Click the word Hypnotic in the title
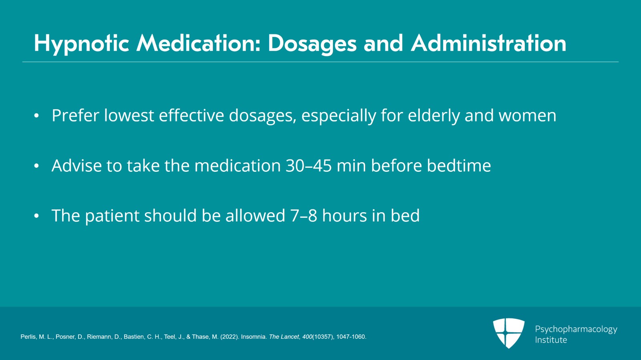coord(82,44)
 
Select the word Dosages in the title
coord(312,44)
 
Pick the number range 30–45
coord(309,166)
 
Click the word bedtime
coord(459,165)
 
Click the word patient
coord(112,216)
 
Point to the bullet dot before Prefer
coord(36,116)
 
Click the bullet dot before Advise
coord(36,166)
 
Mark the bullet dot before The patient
coord(36,216)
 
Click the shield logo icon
coord(509,333)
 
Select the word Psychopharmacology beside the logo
coord(576,330)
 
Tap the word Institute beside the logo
coord(551,340)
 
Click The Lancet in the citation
coord(284,337)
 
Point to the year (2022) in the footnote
coord(230,337)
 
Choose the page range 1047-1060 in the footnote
coord(351,337)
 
